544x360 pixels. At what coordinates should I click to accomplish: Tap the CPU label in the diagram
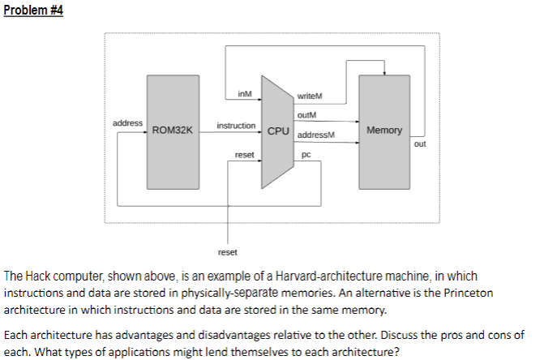(277, 131)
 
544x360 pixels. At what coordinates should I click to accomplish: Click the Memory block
(383, 130)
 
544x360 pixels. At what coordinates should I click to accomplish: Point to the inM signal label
(244, 94)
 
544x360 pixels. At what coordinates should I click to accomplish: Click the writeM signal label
(311, 97)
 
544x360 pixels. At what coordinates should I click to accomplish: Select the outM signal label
(308, 115)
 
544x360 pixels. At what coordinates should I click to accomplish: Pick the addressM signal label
(317, 135)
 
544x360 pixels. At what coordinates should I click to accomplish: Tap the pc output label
(306, 153)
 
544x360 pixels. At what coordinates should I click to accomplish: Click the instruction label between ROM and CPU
(237, 126)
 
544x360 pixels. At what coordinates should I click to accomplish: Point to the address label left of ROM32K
(127, 122)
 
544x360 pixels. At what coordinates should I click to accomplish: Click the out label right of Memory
(419, 144)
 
